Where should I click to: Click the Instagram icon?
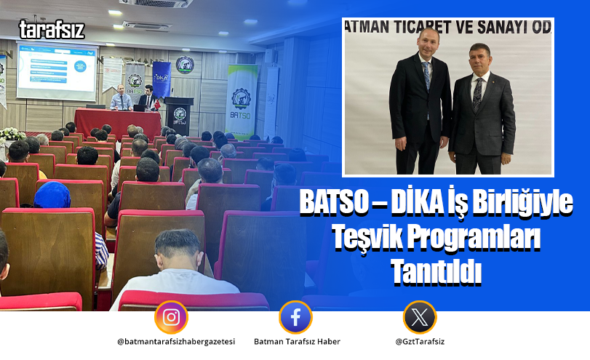171,317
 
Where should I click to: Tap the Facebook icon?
295,317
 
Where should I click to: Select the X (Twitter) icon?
420,317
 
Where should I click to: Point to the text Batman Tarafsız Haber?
297,342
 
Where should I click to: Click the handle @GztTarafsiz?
420,342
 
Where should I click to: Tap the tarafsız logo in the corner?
52,30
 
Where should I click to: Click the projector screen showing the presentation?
56,71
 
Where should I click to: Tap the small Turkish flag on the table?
156,104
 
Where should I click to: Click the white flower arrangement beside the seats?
11,134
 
